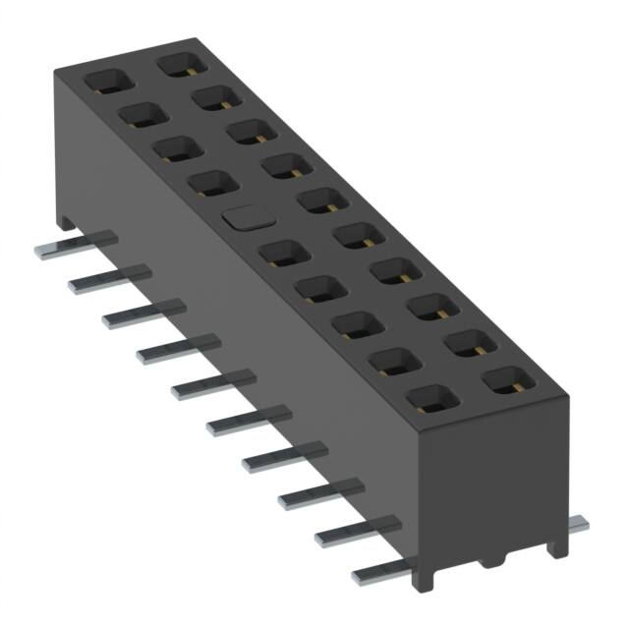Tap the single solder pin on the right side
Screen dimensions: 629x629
click(x=577, y=525)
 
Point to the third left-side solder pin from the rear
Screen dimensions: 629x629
click(x=138, y=314)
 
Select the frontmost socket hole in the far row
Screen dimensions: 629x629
click(x=506, y=380)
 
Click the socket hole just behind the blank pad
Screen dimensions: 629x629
click(x=204, y=183)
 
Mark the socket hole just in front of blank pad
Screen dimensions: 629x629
click(x=279, y=253)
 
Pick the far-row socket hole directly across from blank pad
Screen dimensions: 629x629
click(x=317, y=200)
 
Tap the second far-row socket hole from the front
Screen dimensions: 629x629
click(x=470, y=343)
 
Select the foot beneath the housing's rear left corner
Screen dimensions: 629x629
click(x=65, y=224)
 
